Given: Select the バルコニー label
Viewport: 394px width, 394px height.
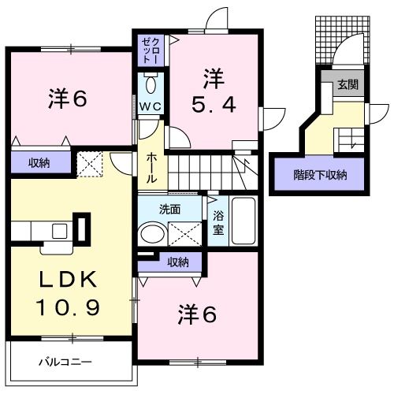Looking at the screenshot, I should pos(65,363).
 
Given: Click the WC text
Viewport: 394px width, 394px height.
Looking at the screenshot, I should pos(151,105).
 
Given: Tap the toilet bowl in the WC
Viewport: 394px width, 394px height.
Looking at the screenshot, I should pos(152,84).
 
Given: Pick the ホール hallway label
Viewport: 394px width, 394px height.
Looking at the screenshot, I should pos(151,168).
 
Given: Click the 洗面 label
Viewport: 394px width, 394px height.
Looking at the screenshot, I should pos(170,210).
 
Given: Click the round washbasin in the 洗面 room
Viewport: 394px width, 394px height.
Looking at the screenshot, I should pos(151,234).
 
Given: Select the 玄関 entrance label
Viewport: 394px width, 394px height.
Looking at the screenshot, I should pos(348,84).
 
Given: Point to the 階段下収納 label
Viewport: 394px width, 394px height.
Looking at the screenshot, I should pos(320,175).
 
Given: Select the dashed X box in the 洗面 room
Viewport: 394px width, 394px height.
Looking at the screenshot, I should pos(184,234).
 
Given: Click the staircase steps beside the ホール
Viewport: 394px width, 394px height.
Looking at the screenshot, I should pos(205,168).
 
